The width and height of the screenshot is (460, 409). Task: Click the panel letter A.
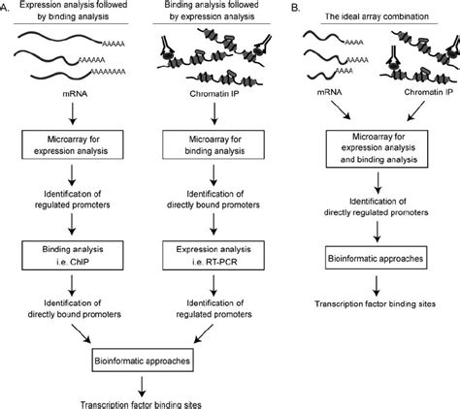7,11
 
